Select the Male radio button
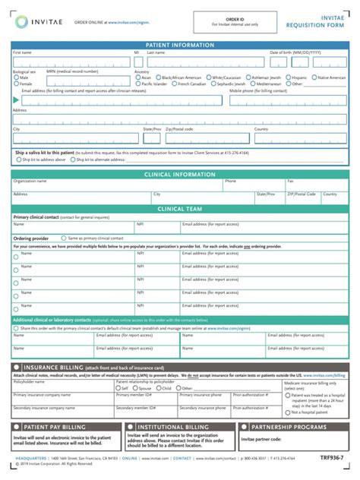point(16,77)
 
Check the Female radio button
point(16,84)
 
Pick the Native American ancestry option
point(314,77)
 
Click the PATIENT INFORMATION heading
point(179,46)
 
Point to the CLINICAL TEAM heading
point(179,208)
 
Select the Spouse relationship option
point(134,387)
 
